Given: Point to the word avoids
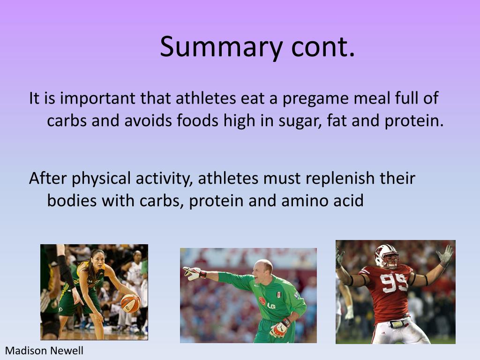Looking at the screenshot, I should pos(149,121).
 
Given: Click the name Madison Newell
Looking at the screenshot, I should pos(44,351).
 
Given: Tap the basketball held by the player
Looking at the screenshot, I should pos(130,303).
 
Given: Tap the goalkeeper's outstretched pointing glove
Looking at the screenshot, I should pos(192,273).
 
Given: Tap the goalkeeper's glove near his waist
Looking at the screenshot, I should pos(280,328).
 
